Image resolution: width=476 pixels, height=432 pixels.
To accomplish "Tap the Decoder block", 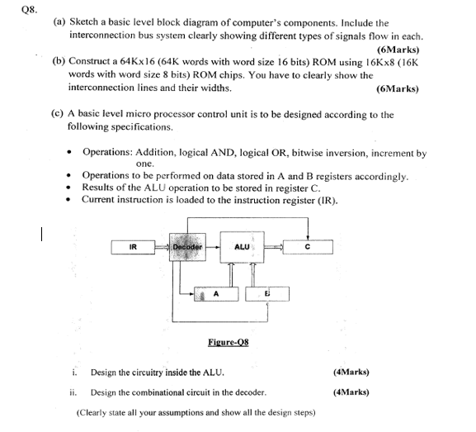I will click(x=187, y=246).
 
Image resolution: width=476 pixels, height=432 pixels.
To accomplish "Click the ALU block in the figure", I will click(x=242, y=246).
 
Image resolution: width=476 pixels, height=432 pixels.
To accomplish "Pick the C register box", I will click(x=307, y=246).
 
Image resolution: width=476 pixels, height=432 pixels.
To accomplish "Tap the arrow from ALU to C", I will click(x=273, y=246).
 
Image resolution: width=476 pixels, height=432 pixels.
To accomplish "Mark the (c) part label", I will click(x=58, y=115).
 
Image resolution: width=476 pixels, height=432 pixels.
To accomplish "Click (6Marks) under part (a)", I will click(x=398, y=49).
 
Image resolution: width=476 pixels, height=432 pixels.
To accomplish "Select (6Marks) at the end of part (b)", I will click(x=397, y=88).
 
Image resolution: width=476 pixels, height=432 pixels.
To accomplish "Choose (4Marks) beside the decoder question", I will click(x=351, y=392).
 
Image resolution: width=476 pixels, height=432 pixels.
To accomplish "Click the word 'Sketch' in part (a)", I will click(x=86, y=23).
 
